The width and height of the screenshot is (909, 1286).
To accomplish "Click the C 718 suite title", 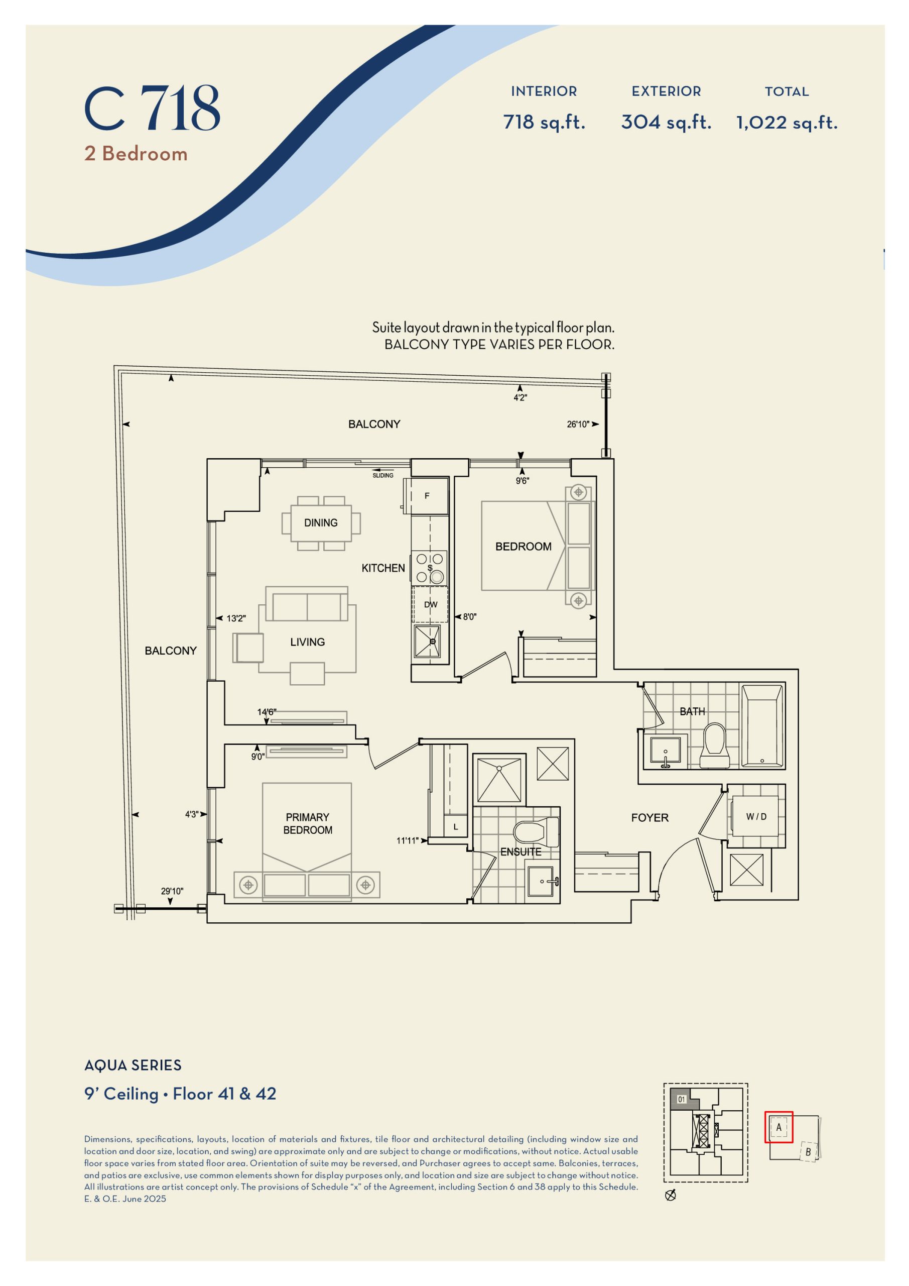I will (x=152, y=109).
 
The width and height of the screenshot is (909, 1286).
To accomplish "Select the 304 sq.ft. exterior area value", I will (x=666, y=122).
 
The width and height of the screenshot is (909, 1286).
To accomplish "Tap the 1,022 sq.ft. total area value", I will (x=787, y=123).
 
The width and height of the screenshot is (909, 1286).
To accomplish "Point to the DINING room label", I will (x=321, y=522).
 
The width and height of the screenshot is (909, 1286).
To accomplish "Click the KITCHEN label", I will (x=383, y=568).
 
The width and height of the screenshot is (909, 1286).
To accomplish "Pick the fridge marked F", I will (x=428, y=496).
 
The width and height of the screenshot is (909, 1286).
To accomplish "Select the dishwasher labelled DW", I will (x=431, y=604).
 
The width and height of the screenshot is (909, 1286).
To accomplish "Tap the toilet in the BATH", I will (x=715, y=745).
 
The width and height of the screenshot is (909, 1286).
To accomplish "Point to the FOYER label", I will (x=650, y=818).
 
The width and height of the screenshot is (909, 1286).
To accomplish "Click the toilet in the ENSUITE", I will (x=535, y=832).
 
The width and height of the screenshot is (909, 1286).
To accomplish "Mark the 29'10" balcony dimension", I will (x=172, y=891).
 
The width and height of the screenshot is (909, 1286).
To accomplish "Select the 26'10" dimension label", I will (x=578, y=424).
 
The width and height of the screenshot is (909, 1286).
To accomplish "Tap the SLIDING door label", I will (x=383, y=476).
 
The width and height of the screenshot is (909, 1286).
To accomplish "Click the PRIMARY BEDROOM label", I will (x=307, y=823).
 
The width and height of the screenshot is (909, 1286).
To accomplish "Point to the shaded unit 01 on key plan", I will (x=682, y=1100).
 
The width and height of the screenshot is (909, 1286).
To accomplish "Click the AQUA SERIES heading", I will (x=133, y=1065).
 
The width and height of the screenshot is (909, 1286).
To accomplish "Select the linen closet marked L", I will (x=456, y=827).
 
